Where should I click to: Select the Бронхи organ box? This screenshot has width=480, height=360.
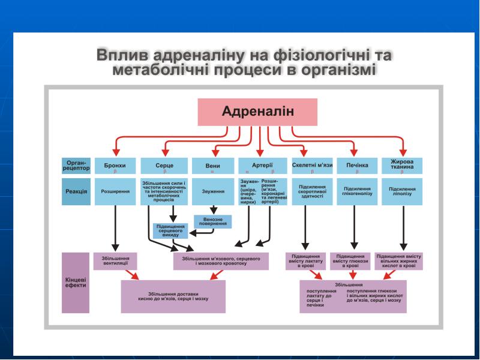point(115,166)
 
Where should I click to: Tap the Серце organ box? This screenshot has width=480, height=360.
point(164,166)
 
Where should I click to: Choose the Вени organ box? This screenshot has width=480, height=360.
point(212,166)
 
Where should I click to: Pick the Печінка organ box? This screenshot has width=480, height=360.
point(356,166)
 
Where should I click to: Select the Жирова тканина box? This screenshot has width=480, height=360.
point(402,166)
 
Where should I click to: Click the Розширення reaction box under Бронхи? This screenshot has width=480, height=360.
point(115,191)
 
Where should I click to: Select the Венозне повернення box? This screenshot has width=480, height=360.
point(212,222)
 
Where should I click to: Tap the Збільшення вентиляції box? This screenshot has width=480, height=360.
point(115,260)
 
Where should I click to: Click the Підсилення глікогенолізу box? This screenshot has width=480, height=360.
point(356,191)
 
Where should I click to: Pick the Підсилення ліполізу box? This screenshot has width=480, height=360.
point(402,191)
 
